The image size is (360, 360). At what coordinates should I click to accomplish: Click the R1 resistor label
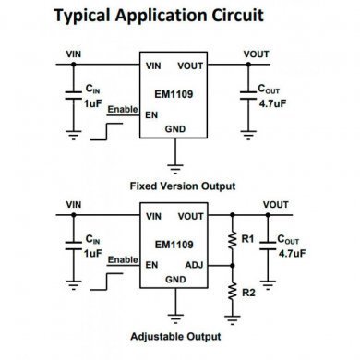246,239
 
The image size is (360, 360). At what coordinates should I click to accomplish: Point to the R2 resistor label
246,292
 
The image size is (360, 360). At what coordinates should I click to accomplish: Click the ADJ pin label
195,263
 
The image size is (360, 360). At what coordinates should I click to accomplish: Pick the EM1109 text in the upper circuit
173,91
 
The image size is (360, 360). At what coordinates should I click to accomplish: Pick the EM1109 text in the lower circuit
173,245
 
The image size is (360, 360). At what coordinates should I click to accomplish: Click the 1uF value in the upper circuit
92,104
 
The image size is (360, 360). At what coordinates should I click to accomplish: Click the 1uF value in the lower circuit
92,253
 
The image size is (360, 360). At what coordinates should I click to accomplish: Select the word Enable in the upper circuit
122,110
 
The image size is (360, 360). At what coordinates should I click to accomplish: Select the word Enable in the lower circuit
122,259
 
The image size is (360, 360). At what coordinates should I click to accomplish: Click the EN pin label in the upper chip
150,114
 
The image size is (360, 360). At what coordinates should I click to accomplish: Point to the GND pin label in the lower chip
175,280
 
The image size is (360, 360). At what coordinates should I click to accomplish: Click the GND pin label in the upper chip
174,130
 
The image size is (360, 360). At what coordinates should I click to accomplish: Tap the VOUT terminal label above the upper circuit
256,54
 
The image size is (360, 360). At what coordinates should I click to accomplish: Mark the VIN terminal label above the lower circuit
74,204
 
